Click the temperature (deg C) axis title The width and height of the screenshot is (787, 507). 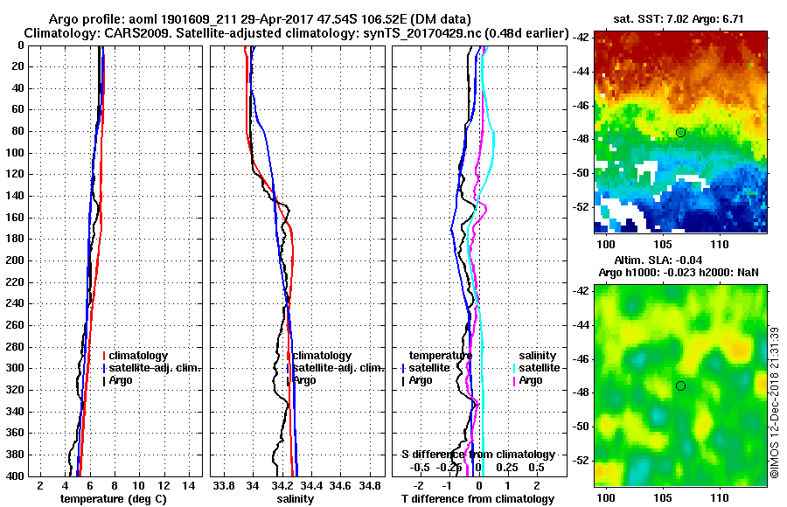pyautogui.click(x=113, y=499)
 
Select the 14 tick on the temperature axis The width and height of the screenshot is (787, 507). pyautogui.click(x=188, y=484)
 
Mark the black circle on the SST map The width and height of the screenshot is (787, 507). pyautogui.click(x=680, y=132)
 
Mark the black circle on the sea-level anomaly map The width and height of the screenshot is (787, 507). pyautogui.click(x=680, y=385)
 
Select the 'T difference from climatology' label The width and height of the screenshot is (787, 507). pyautogui.click(x=477, y=499)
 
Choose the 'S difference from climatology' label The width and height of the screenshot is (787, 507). pyautogui.click(x=477, y=455)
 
